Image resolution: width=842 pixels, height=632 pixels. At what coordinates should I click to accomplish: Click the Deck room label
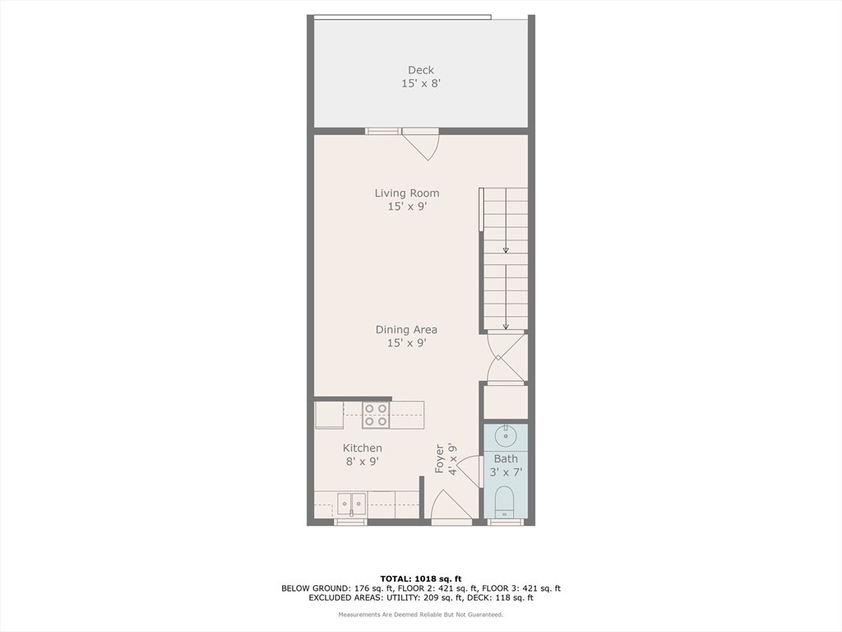pyautogui.click(x=420, y=70)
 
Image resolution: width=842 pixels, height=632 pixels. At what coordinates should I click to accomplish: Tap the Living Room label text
pyautogui.click(x=407, y=193)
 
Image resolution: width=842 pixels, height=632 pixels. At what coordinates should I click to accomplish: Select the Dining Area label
pyautogui.click(x=406, y=330)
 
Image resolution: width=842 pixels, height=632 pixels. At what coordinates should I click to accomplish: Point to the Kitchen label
pyautogui.click(x=363, y=448)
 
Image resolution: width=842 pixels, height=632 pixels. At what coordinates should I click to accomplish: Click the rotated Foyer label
pyautogui.click(x=440, y=459)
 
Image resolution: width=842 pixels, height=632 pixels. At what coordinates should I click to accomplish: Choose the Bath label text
pyautogui.click(x=506, y=458)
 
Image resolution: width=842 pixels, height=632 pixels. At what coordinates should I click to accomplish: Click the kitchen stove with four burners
pyautogui.click(x=376, y=415)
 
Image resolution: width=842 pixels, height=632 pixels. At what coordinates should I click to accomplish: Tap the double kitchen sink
pyautogui.click(x=351, y=504)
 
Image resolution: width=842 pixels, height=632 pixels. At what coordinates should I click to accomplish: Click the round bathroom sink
pyautogui.click(x=505, y=434)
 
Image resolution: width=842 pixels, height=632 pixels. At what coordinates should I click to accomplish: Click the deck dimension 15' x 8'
pyautogui.click(x=420, y=83)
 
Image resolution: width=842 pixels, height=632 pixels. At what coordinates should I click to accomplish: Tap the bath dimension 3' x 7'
pyautogui.click(x=506, y=472)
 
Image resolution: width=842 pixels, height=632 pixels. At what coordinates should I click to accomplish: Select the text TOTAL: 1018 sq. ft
pyautogui.click(x=420, y=578)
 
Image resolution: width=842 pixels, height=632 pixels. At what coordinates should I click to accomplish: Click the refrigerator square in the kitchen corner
pyautogui.click(x=329, y=415)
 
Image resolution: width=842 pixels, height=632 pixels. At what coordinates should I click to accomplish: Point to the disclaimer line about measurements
pyautogui.click(x=420, y=615)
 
